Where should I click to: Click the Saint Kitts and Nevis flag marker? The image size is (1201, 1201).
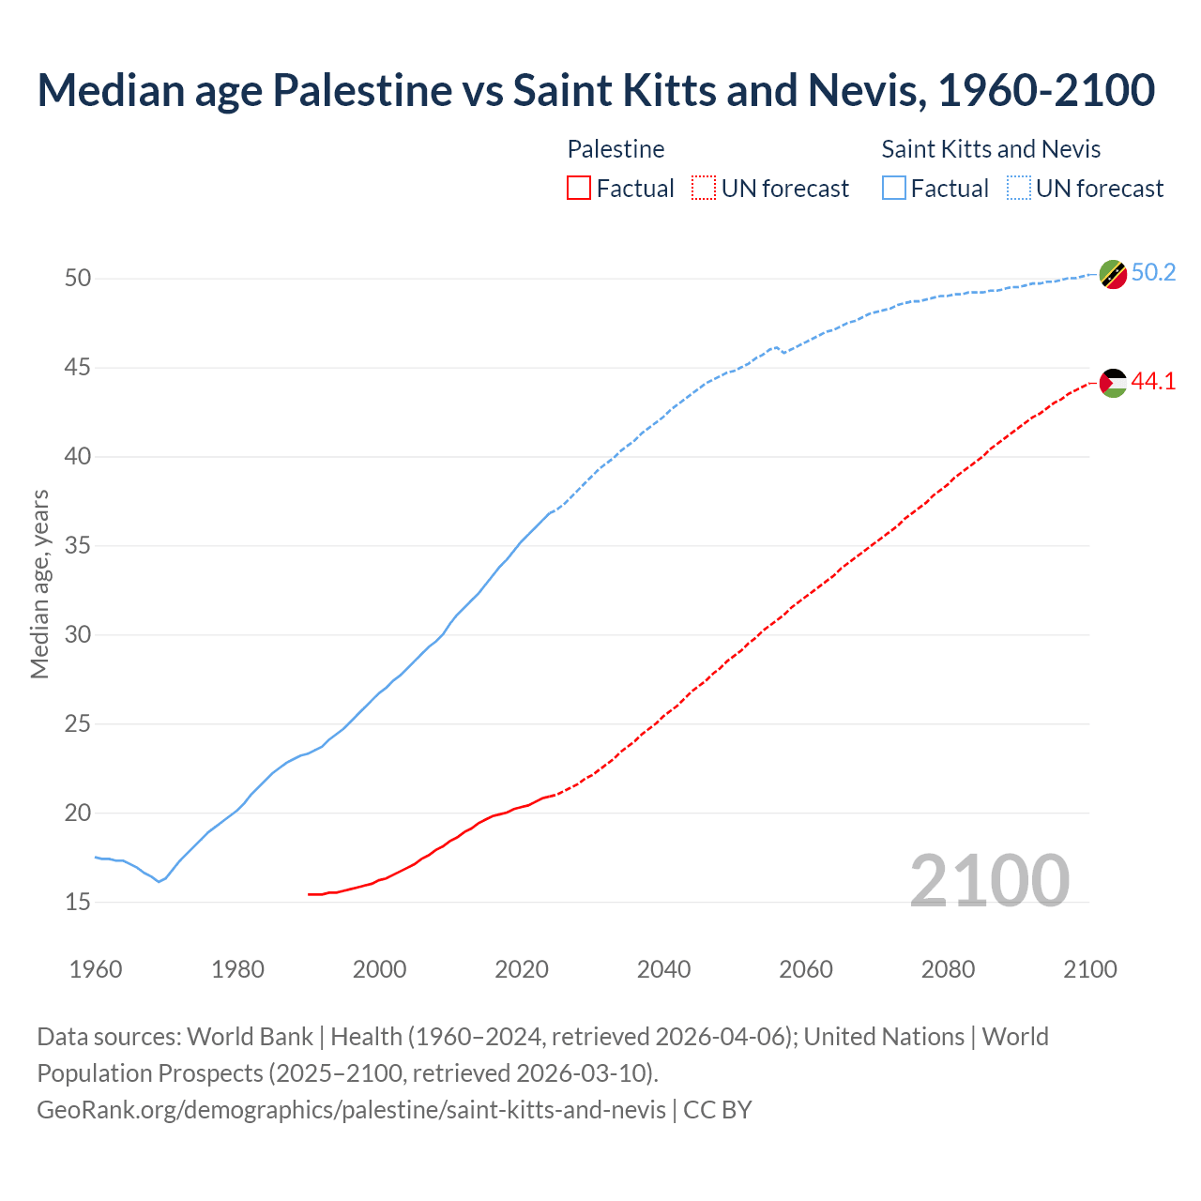coord(1113,274)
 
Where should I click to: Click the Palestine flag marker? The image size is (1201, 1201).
coord(1113,383)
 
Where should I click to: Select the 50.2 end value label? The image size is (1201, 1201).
coord(1153,273)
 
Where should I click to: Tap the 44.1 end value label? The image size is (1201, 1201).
coord(1153,382)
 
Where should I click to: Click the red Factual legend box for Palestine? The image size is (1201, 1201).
coord(579,189)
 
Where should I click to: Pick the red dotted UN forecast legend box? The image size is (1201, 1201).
coord(704,189)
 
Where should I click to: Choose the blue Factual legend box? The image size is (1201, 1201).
coord(894,189)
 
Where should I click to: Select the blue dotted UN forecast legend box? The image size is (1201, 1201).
coord(1019,189)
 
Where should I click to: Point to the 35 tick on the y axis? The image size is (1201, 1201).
coord(78,546)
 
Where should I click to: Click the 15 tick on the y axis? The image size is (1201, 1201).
coord(78,903)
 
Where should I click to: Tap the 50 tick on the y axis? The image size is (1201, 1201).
coord(78,279)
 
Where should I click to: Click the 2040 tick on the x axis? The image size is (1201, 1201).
coord(663,969)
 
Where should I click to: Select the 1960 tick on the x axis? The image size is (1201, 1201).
coord(96,969)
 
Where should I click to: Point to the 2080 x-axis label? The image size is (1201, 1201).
coord(948,969)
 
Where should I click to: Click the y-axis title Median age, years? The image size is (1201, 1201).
coord(39,584)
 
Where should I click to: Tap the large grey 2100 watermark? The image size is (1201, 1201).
coord(989,881)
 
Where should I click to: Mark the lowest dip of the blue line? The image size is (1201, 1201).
coord(159,881)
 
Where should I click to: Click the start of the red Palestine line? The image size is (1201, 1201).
coord(309,894)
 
